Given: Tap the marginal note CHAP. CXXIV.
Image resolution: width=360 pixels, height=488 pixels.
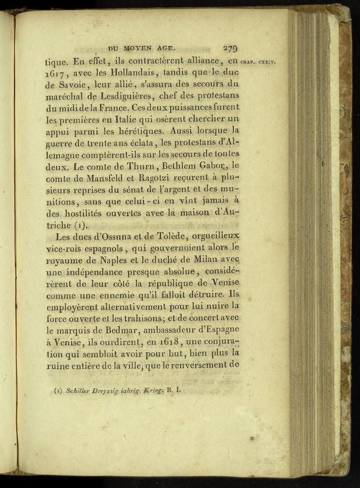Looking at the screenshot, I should pyautogui.click(x=257, y=62).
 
